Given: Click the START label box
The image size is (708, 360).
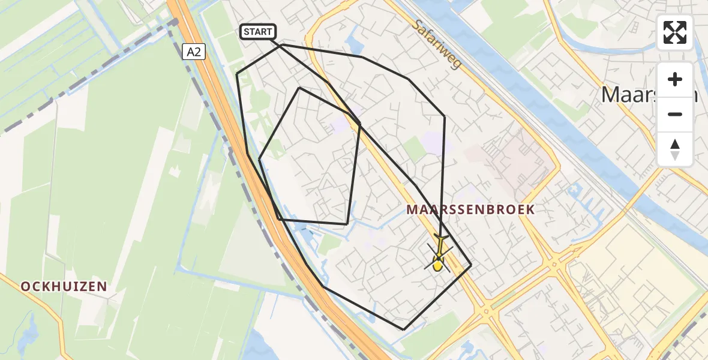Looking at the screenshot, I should coord(258,32).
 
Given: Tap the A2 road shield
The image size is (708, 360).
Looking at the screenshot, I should coord(194,52).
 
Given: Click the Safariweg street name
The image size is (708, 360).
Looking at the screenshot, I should coord(437,44).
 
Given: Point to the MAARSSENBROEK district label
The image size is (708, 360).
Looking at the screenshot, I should coord(470,209).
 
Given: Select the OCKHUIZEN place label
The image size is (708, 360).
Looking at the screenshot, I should coord(64,287).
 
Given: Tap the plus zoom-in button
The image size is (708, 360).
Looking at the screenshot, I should coord(675,79).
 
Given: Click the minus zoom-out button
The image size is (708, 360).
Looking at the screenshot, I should coord(675,114).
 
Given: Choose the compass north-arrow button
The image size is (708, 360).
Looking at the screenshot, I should coord(675,149).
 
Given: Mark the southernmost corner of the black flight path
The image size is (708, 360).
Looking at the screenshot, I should coord(404,329).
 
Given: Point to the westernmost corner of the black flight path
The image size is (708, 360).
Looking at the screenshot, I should coord(237,74).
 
